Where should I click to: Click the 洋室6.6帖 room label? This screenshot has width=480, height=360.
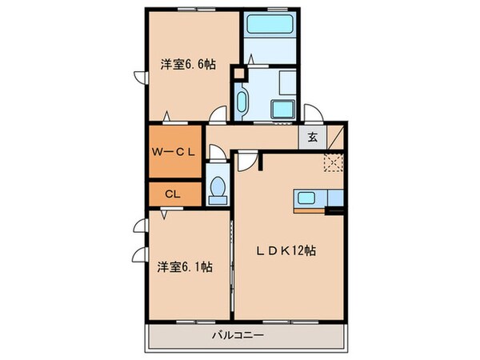(188, 65)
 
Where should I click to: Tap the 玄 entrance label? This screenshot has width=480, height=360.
(313, 137)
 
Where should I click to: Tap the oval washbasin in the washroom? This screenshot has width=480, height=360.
(242, 101)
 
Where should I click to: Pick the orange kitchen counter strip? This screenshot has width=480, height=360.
(312, 212)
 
